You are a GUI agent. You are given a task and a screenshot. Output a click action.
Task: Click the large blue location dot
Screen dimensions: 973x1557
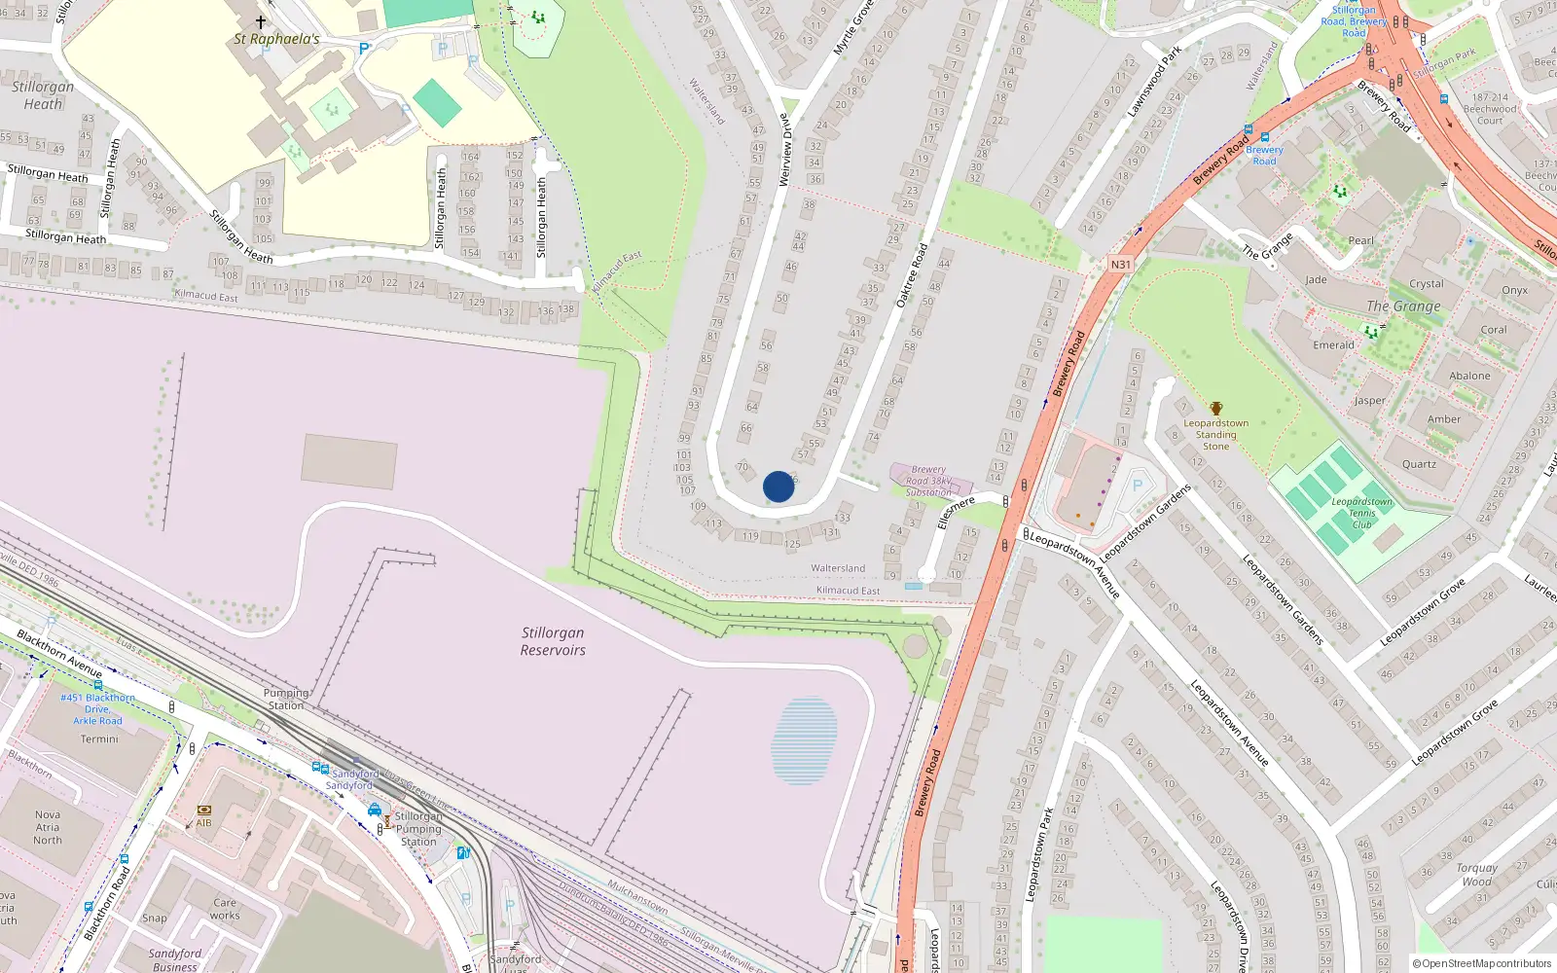[778, 486]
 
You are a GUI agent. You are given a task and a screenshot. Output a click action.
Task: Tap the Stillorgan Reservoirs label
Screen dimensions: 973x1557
[553, 641]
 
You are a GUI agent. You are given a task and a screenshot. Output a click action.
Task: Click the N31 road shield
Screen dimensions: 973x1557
[1120, 265]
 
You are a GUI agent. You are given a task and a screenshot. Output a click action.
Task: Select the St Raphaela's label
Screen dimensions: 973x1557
[276, 39]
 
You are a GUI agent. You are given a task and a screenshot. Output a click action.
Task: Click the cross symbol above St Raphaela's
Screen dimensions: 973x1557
[261, 21]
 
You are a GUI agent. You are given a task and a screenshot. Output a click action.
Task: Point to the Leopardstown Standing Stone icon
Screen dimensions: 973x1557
[1215, 409]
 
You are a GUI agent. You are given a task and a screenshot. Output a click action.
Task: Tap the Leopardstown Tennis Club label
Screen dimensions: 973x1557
[1361, 513]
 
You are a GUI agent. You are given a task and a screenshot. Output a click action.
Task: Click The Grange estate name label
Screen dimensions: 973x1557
[1403, 306]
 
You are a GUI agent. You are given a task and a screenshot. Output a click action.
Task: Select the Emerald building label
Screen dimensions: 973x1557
[1333, 345]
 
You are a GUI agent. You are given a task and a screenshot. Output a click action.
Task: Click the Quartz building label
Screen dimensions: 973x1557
[1419, 464]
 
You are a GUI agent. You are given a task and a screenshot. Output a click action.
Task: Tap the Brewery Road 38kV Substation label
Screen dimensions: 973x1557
[928, 481]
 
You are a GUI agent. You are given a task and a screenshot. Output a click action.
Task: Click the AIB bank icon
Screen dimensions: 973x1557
[203, 811]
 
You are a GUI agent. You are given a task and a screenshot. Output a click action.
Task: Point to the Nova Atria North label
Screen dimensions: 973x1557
[48, 827]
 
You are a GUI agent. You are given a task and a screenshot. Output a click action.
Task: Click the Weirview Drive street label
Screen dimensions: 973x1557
[784, 149]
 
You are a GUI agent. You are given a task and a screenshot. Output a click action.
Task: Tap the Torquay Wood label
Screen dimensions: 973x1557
[1476, 875]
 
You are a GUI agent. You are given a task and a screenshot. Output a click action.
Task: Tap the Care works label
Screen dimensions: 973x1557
[225, 909]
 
